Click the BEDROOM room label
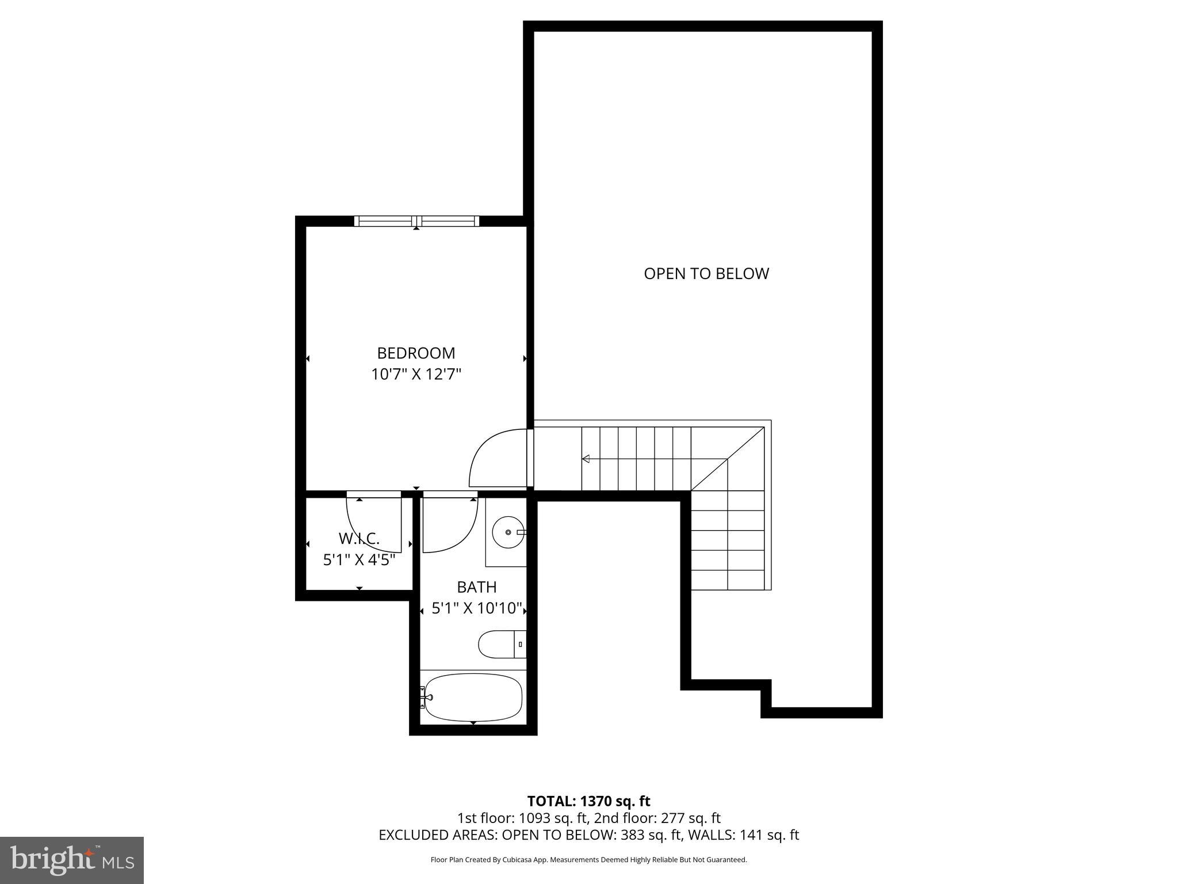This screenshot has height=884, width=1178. [416, 353]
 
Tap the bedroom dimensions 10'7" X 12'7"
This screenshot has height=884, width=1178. [416, 375]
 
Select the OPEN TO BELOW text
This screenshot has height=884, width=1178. [706, 274]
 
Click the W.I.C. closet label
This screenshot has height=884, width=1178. [359, 539]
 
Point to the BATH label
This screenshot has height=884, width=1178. [476, 587]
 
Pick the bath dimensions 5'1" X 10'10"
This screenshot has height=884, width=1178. [476, 608]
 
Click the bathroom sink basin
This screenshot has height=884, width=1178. [508, 532]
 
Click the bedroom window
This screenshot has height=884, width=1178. [416, 220]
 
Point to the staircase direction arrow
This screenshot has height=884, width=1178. [587, 459]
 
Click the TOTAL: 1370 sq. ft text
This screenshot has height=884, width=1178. [588, 801]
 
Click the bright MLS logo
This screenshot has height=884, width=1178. [72, 860]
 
